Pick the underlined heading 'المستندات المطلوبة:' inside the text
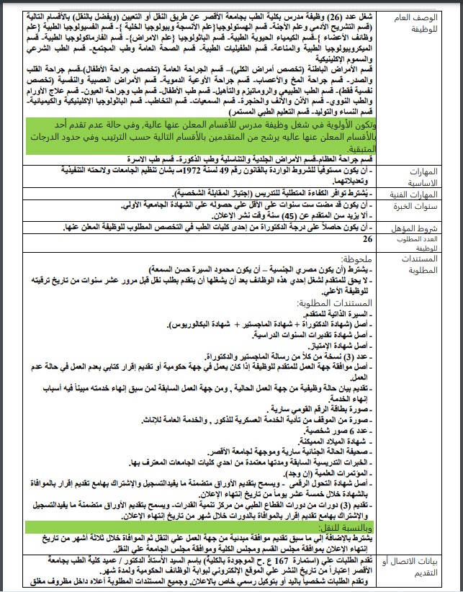pyautogui.click(x=336, y=306)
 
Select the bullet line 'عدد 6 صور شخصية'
pyautogui.click(x=338, y=430)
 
